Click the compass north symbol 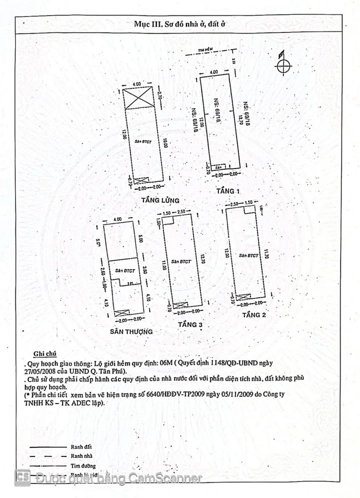[x=283, y=65]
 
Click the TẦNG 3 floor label [x=190, y=325]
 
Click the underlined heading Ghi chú [x=43, y=352]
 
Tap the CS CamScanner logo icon [x=22, y=477]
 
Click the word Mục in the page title [x=143, y=24]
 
